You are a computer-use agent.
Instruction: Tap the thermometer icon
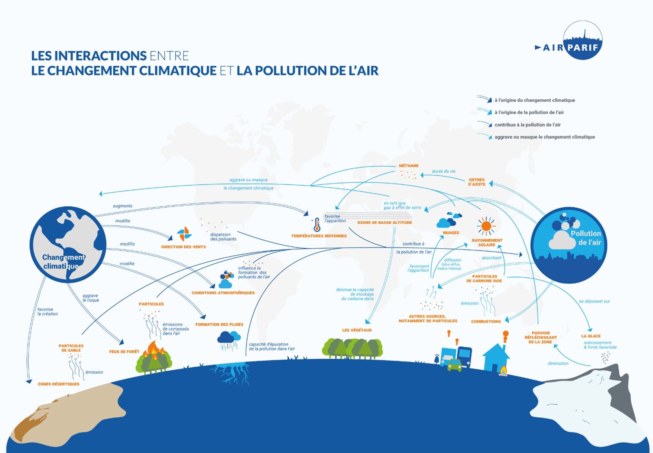pyautogui.click(x=316, y=225)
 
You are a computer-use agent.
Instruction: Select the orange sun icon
pyautogui.click(x=486, y=226)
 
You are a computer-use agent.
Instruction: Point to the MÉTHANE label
pyautogui.click(x=408, y=166)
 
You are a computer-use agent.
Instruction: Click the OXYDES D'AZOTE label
pyautogui.click(x=477, y=182)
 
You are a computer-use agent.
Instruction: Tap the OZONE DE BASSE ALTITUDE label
pyautogui.click(x=384, y=222)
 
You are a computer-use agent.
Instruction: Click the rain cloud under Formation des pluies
pyautogui.click(x=229, y=340)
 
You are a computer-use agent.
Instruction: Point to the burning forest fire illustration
pyautogui.click(x=154, y=358)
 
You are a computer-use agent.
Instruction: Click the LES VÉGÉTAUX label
pyautogui.click(x=357, y=330)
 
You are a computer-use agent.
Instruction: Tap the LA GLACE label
pyautogui.click(x=591, y=336)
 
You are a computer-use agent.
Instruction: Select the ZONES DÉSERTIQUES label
pyautogui.click(x=58, y=384)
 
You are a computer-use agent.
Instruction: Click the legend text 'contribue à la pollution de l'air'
pyautogui.click(x=527, y=125)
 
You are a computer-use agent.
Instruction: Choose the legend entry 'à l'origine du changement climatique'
pyautogui.click(x=534, y=100)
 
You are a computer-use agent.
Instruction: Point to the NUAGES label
pyautogui.click(x=451, y=233)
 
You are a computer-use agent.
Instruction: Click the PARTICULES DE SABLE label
pyautogui.click(x=71, y=348)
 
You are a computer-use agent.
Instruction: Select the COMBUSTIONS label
pyautogui.click(x=486, y=321)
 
